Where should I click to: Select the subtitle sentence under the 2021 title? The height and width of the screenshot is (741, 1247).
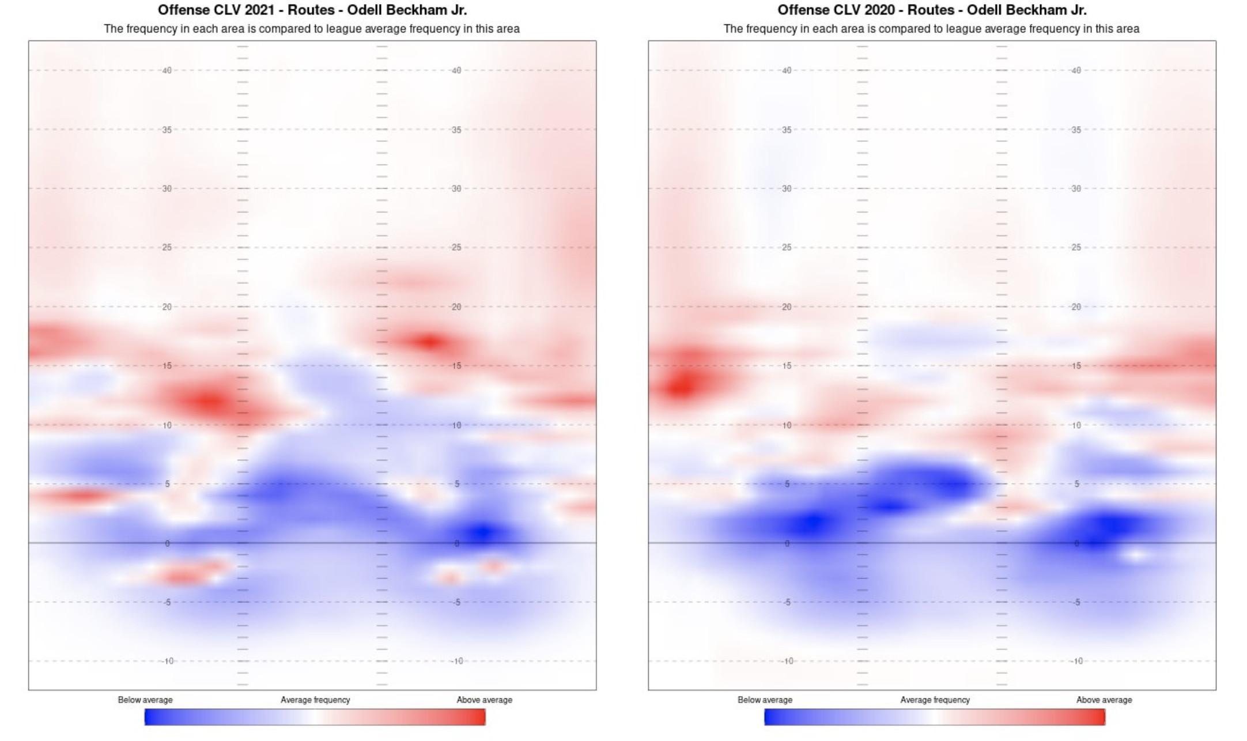click(312, 29)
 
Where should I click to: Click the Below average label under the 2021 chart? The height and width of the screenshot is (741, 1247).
click(145, 700)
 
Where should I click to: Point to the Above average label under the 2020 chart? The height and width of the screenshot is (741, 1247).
click(1104, 700)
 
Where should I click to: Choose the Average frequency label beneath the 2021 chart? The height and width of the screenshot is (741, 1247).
click(315, 700)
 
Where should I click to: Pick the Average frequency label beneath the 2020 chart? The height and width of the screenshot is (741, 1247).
click(935, 700)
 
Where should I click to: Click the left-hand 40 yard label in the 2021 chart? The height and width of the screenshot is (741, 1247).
click(167, 70)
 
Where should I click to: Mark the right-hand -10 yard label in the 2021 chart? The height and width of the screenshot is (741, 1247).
click(457, 661)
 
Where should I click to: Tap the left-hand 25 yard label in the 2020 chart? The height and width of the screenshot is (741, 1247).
click(787, 247)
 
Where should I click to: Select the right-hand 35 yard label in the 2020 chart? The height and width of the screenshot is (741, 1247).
click(1076, 130)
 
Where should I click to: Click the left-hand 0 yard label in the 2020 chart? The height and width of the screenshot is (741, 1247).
click(787, 543)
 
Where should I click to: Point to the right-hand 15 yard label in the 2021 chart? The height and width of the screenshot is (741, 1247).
click(456, 366)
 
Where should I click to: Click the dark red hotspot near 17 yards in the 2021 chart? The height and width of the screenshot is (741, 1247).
click(429, 342)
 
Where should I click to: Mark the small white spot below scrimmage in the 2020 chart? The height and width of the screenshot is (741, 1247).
click(1135, 555)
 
